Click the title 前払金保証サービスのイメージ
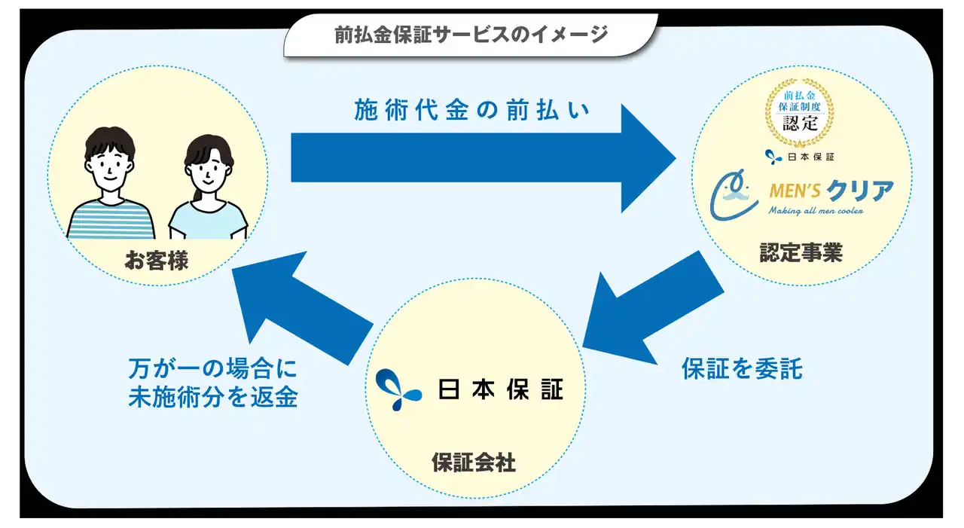[471, 35]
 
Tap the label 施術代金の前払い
[471, 111]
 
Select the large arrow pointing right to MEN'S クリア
[482, 158]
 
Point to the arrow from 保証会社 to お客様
[301, 305]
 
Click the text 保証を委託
[742, 369]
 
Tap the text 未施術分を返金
[213, 398]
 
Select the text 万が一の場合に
[213, 369]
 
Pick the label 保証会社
[474, 462]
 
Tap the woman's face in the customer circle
[206, 173]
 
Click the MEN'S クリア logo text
[831, 191]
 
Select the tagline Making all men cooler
[816, 211]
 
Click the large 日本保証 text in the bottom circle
[500, 388]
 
